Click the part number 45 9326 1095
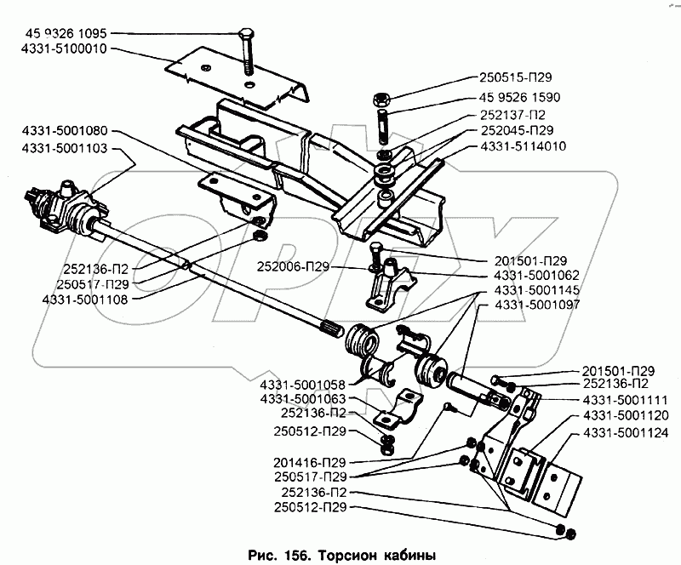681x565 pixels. pyautogui.click(x=66, y=33)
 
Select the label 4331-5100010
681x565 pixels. pyautogui.click(x=64, y=49)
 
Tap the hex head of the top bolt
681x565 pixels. pyautogui.click(x=246, y=34)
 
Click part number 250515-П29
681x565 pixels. pyautogui.click(x=516, y=77)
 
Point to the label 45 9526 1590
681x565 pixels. pyautogui.click(x=520, y=97)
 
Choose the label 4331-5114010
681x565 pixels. pyautogui.click(x=524, y=146)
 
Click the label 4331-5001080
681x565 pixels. pyautogui.click(x=65, y=130)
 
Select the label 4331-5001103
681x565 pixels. pyautogui.click(x=65, y=149)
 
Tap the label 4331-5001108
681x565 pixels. pyautogui.click(x=85, y=300)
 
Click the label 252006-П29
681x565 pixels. pyautogui.click(x=293, y=266)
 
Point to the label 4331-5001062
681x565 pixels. pyautogui.click(x=537, y=276)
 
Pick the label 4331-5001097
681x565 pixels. pyautogui.click(x=537, y=305)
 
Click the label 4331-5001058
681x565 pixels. pyautogui.click(x=303, y=385)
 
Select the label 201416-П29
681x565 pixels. pyautogui.click(x=310, y=463)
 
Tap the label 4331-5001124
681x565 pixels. pyautogui.click(x=626, y=433)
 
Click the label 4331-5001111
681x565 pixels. pyautogui.click(x=625, y=400)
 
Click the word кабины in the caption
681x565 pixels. pyautogui.click(x=409, y=556)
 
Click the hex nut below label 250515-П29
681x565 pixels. pyautogui.click(x=381, y=100)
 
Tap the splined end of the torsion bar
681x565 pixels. pyautogui.click(x=333, y=333)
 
